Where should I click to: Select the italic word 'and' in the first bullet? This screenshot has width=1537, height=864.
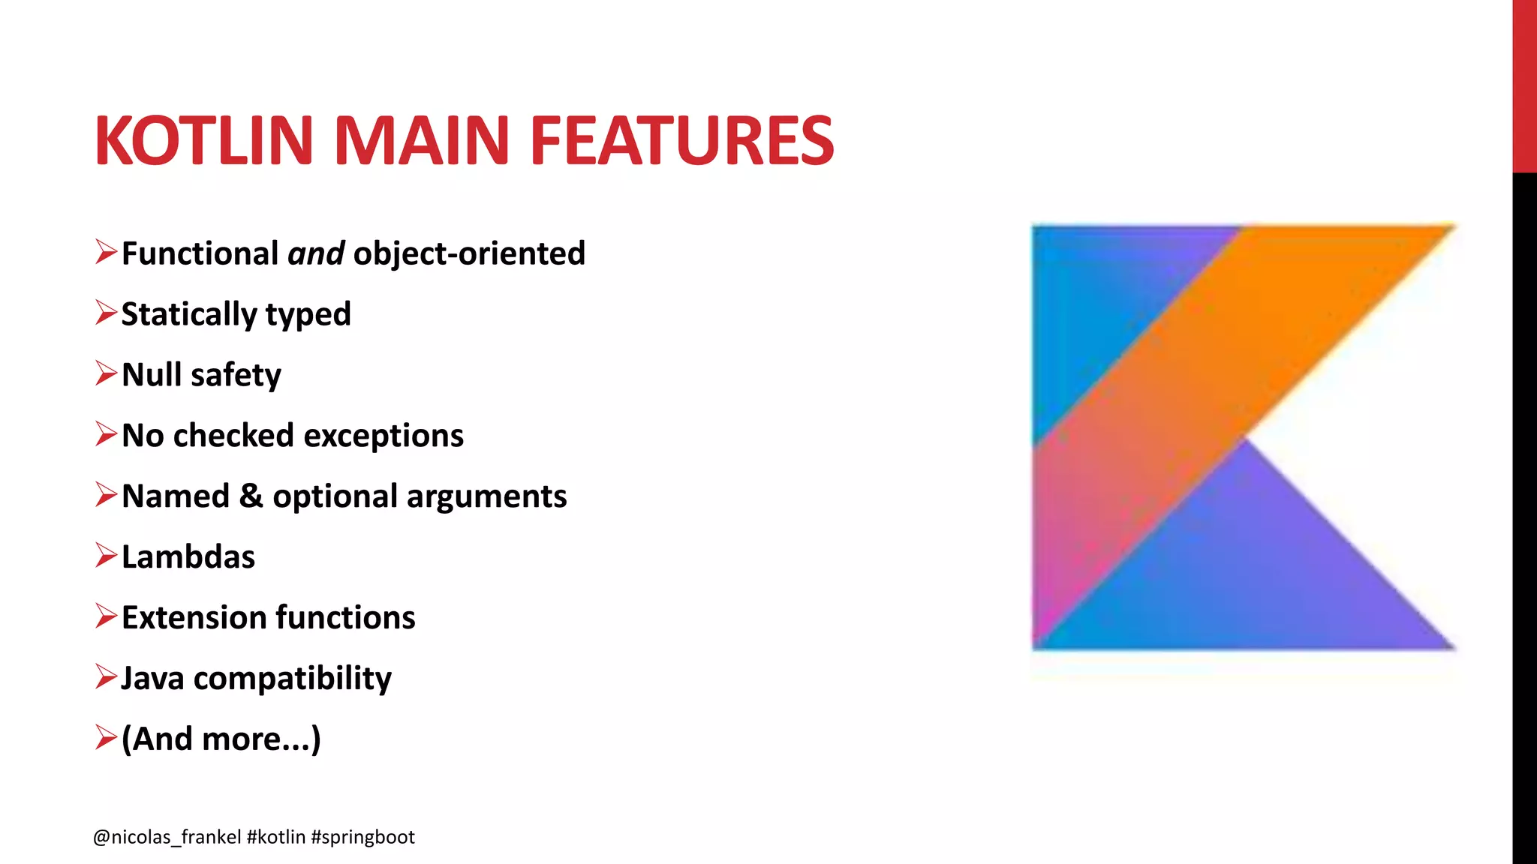click(x=316, y=253)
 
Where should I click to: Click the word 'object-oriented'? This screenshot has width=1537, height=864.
click(x=469, y=253)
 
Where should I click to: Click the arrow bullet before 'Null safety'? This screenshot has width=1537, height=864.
click(x=106, y=373)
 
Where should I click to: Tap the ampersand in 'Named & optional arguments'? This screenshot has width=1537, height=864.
click(x=251, y=496)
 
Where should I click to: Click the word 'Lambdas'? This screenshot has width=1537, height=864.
click(x=188, y=557)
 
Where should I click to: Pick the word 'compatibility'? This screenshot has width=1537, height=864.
click(x=293, y=679)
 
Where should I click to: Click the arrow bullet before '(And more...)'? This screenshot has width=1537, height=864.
click(x=106, y=738)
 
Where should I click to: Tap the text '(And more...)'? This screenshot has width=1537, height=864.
click(x=221, y=739)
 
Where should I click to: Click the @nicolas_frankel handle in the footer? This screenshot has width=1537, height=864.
click(x=167, y=837)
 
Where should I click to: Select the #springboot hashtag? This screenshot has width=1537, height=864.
click(x=362, y=837)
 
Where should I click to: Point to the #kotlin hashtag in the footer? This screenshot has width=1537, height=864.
click(x=275, y=837)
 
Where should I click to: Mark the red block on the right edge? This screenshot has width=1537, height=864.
click(x=1524, y=86)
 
